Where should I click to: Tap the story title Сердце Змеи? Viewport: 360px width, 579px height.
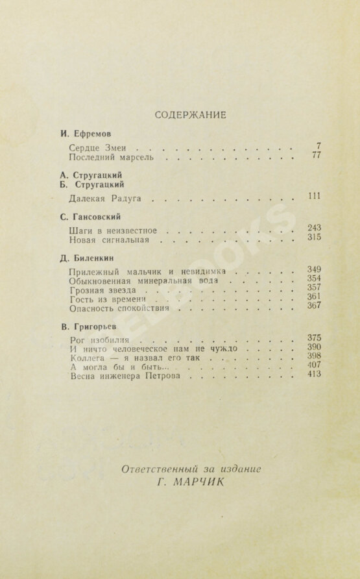(x=95, y=147)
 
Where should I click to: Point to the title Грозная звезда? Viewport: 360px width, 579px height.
(x=101, y=291)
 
